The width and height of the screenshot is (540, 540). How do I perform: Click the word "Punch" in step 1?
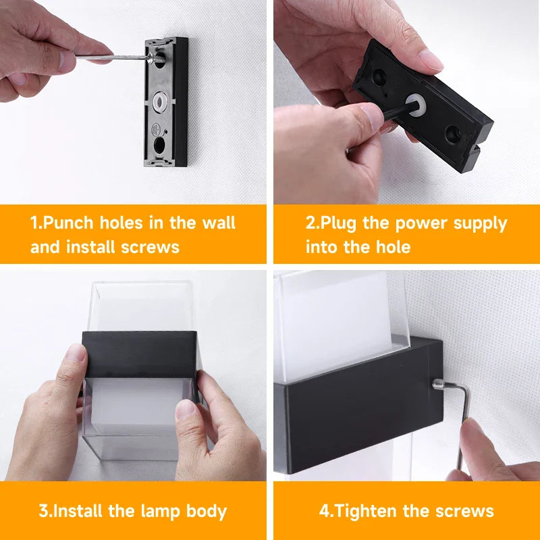(70, 223)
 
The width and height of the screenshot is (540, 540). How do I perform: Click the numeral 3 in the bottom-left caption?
(43, 511)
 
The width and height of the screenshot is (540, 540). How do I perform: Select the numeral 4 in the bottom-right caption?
(323, 511)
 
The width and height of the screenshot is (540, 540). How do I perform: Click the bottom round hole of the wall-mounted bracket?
(161, 144)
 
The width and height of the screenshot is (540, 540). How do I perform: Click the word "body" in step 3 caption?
(206, 511)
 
